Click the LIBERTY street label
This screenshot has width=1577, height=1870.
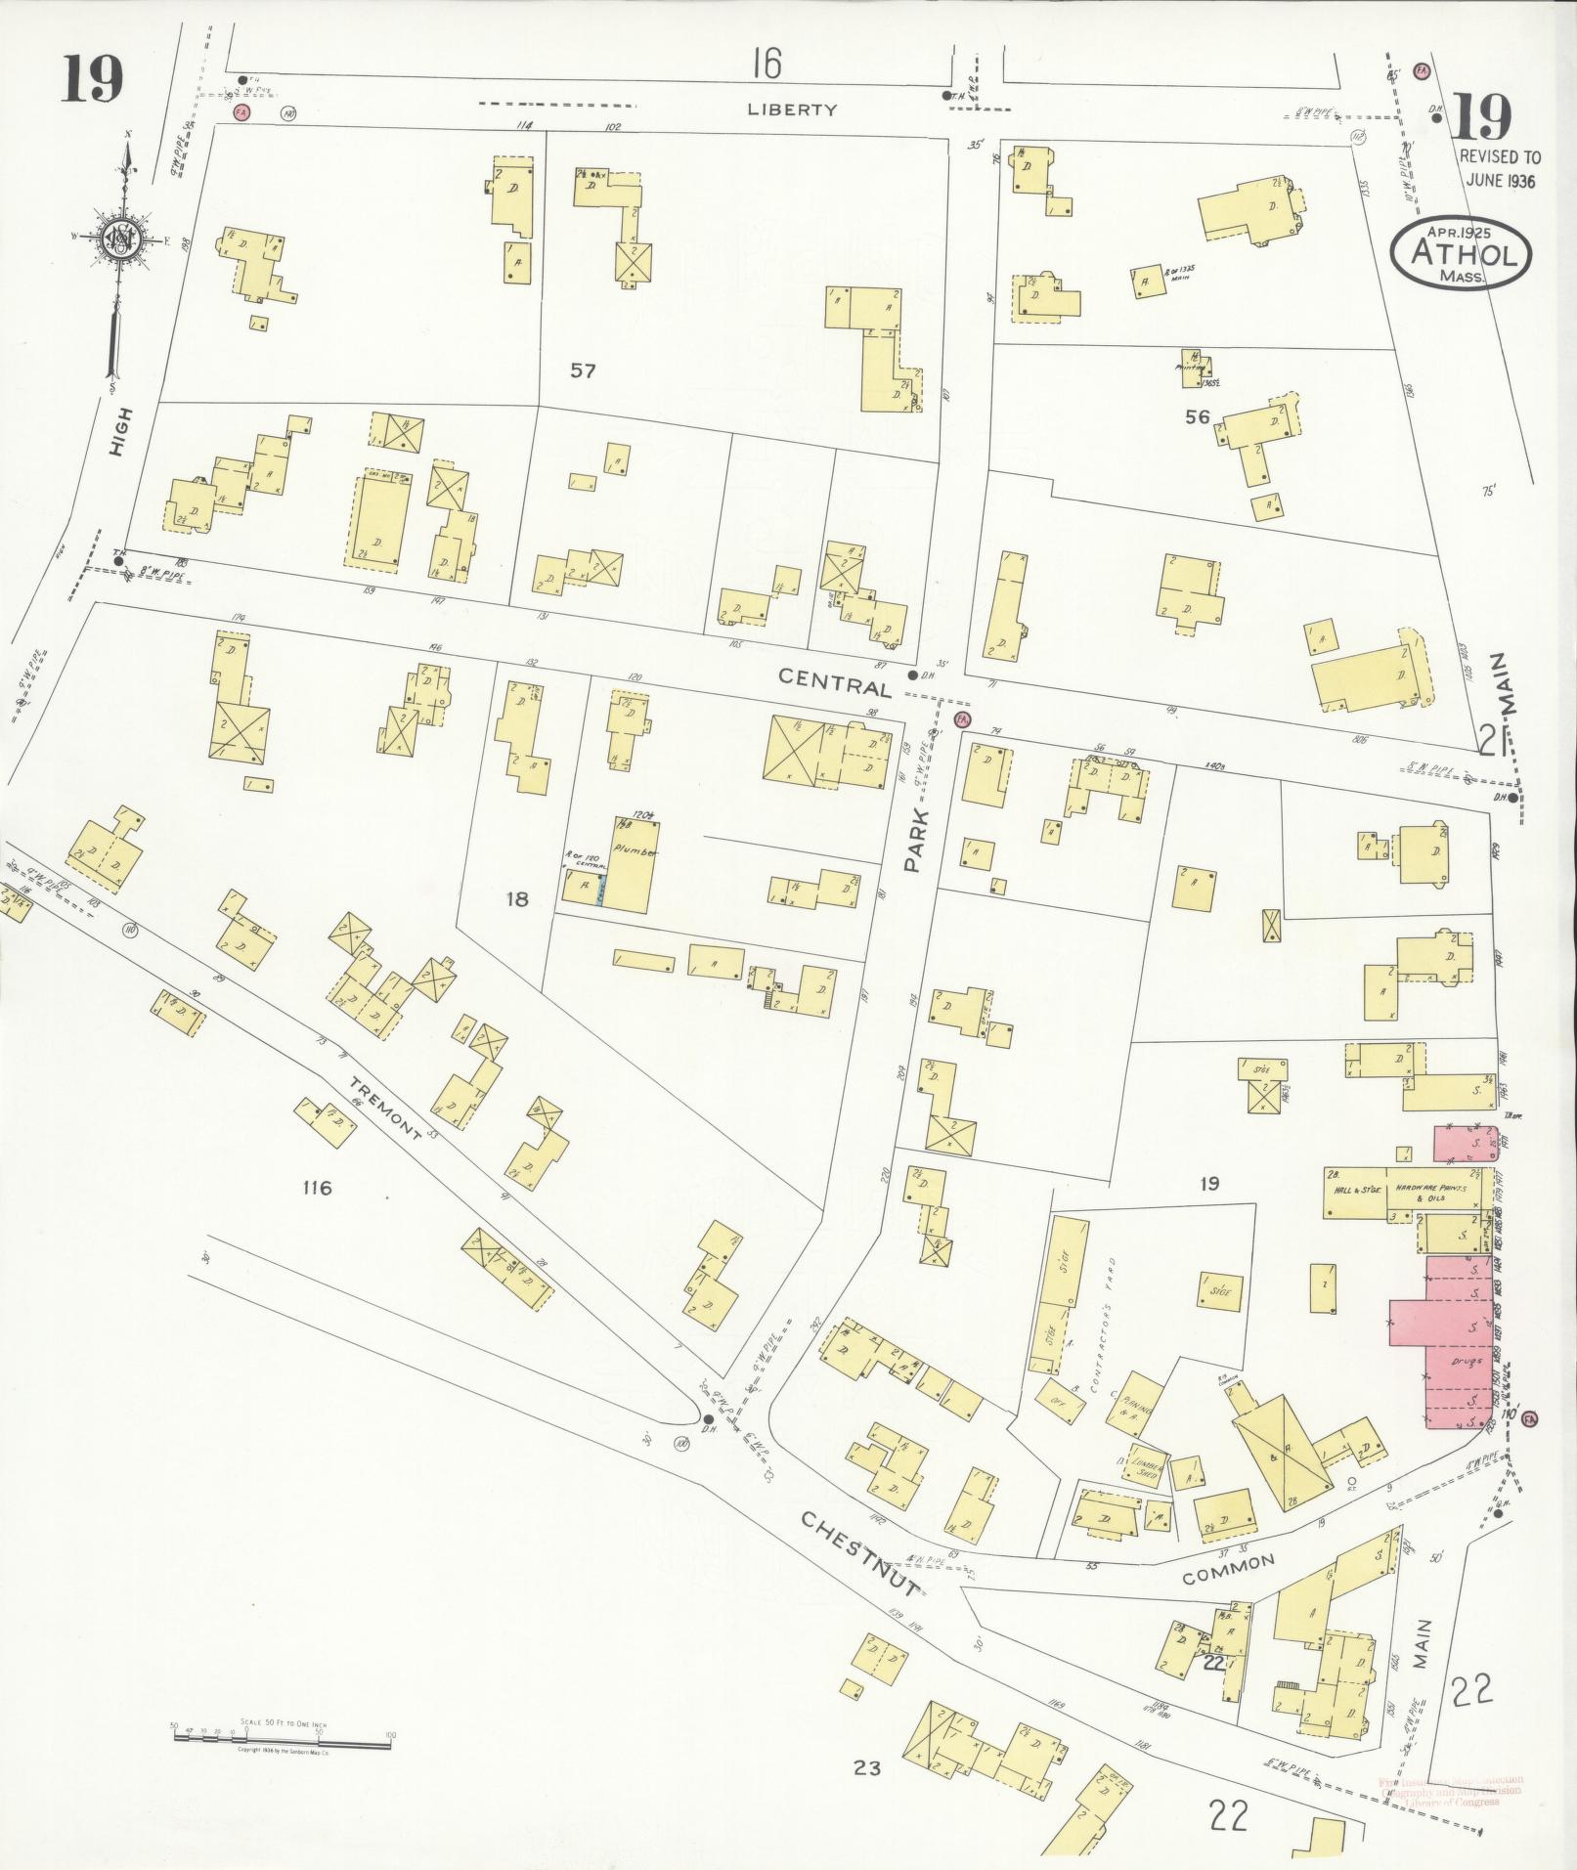pyautogui.click(x=792, y=109)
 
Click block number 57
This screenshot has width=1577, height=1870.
pyautogui.click(x=583, y=370)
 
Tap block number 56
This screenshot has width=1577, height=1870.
pyautogui.click(x=1197, y=416)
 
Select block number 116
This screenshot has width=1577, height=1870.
pyautogui.click(x=317, y=1188)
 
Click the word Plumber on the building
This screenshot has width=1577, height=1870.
pyautogui.click(x=633, y=851)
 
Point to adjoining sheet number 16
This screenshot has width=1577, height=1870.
pyautogui.click(x=767, y=65)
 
